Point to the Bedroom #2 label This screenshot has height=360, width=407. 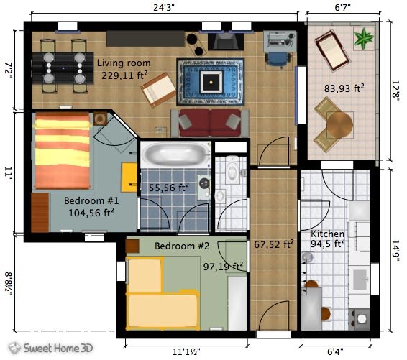click(x=182, y=246)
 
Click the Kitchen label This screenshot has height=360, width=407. click(x=327, y=234)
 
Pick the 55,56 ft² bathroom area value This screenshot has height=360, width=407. click(x=168, y=188)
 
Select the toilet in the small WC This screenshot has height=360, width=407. click(x=232, y=170)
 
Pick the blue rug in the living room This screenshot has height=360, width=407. click(x=210, y=81)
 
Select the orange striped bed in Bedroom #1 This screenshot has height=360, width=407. click(x=62, y=152)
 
